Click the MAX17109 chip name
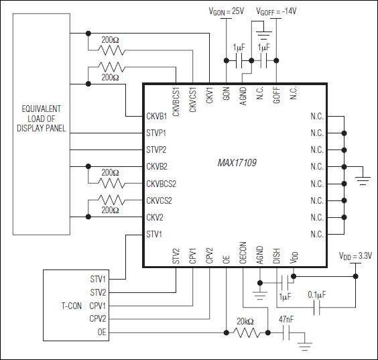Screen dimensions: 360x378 (x=237, y=162)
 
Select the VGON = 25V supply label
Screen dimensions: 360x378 (x=226, y=11)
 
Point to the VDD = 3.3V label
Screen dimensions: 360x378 (x=355, y=255)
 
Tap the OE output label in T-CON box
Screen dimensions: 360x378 (x=101, y=332)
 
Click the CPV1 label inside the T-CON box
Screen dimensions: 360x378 (x=98, y=305)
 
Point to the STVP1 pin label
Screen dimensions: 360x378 (x=157, y=132)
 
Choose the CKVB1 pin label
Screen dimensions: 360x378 (x=157, y=115)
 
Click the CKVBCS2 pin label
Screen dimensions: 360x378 (x=161, y=183)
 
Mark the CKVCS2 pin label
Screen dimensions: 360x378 (x=159, y=200)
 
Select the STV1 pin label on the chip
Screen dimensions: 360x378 (x=155, y=234)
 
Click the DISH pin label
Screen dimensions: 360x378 (x=276, y=257)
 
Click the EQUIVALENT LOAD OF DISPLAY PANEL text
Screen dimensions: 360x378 (x=42, y=118)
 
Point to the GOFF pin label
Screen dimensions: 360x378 (x=276, y=93)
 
